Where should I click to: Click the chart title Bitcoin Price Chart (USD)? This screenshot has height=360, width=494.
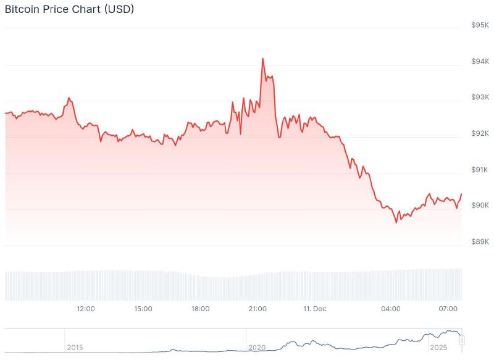click(x=69, y=9)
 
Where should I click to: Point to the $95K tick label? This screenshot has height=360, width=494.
click(x=480, y=25)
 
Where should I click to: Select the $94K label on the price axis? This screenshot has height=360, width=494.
click(x=480, y=61)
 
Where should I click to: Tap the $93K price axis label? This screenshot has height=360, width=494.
click(x=480, y=97)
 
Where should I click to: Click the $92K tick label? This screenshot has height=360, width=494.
click(x=480, y=133)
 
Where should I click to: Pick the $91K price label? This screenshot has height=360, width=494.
click(x=480, y=169)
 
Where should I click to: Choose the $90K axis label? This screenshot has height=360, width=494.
click(x=480, y=205)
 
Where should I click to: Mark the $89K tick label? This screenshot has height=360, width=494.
click(x=480, y=241)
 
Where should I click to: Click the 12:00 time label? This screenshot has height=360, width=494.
click(x=85, y=309)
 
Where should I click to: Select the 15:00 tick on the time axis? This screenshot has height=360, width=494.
click(x=143, y=309)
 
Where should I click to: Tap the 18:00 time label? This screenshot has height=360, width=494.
click(x=200, y=309)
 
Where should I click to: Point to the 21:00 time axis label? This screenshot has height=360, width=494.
click(x=257, y=309)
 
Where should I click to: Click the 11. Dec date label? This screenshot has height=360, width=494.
click(x=315, y=309)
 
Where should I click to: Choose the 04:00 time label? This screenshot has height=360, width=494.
click(x=391, y=309)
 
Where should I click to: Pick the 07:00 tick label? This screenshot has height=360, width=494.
click(x=448, y=309)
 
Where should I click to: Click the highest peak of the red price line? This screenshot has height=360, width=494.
click(x=262, y=59)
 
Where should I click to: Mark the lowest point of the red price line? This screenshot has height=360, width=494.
click(x=396, y=222)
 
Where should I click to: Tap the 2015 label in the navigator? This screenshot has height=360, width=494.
click(x=75, y=348)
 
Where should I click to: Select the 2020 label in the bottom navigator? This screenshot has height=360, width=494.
click(x=257, y=348)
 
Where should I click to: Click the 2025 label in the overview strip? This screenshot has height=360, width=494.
click(x=439, y=348)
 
